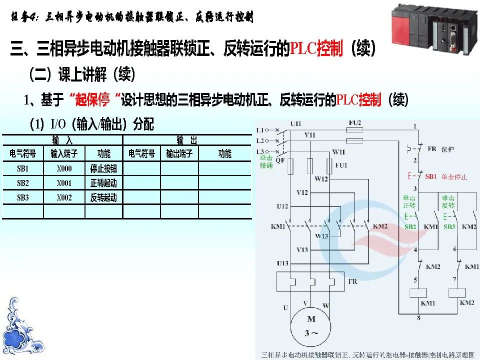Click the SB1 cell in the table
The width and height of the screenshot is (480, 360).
coord(23,169)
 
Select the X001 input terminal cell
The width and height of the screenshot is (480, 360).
coord(64,183)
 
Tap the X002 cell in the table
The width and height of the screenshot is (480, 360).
coord(64,198)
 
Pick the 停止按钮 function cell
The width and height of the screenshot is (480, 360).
coord(103,169)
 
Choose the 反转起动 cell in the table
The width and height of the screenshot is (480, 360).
coord(103,198)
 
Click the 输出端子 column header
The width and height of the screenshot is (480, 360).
coord(179,154)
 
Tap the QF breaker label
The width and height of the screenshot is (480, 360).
coord(280,161)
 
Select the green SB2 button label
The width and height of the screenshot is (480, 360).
coord(410,227)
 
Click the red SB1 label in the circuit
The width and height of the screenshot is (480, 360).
coord(431,176)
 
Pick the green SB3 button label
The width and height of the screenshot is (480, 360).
coord(449,227)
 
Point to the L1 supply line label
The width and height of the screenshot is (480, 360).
coord(259,130)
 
